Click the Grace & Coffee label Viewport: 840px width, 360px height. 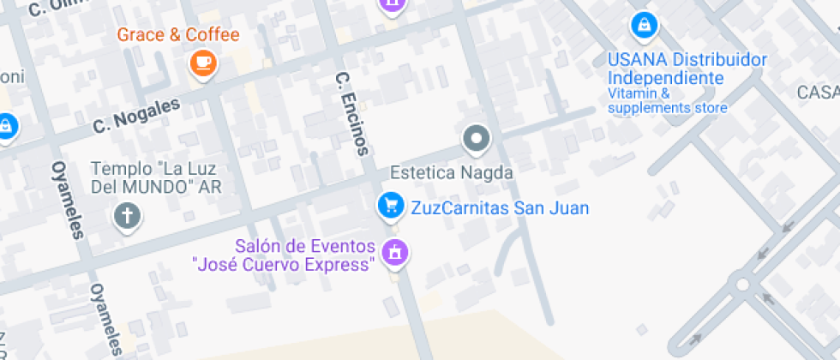point(177,35)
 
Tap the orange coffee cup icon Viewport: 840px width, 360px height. point(202,63)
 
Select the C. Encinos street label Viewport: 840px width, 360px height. point(351,113)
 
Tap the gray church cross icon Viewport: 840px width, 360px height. point(127,216)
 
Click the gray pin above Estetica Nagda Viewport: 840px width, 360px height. point(476,138)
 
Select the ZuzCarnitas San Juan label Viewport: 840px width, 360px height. point(500,207)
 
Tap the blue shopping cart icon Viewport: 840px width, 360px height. point(391,205)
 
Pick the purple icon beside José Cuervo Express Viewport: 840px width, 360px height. point(395,253)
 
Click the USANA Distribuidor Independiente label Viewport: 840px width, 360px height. point(687,69)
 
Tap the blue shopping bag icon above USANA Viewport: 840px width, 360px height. point(643,25)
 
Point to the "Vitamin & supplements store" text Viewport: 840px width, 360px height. point(667,100)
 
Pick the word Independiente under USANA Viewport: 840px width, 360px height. point(665,78)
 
